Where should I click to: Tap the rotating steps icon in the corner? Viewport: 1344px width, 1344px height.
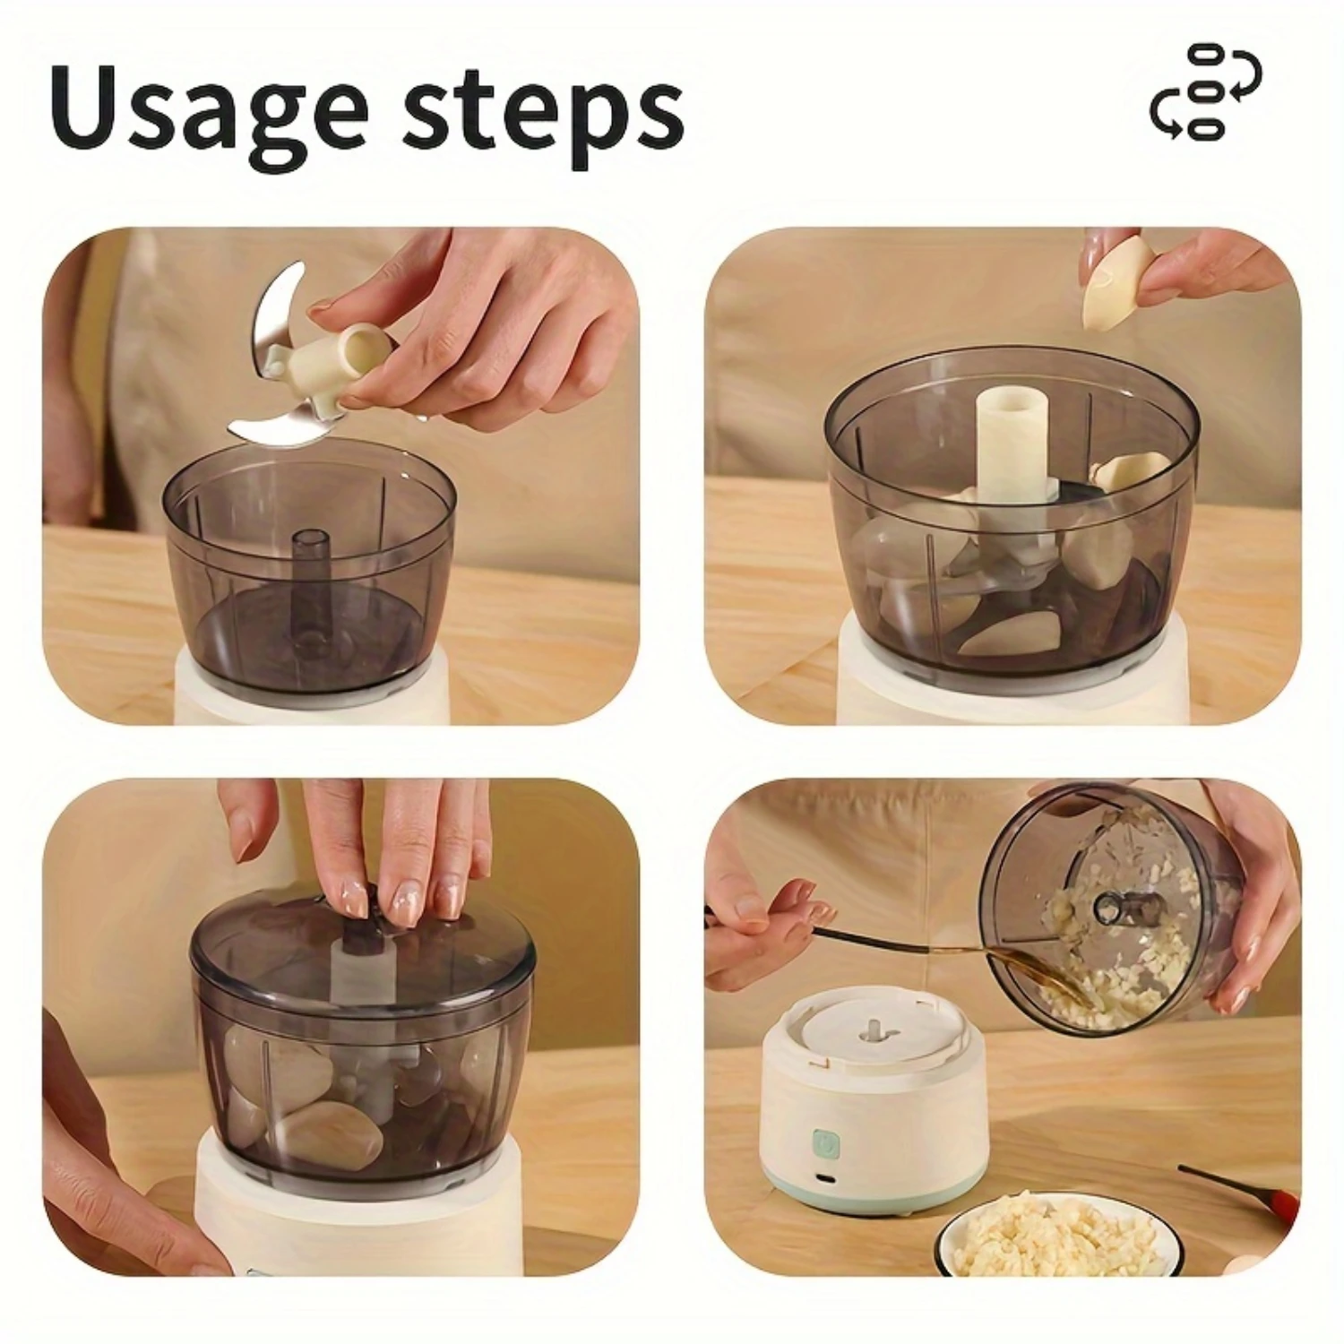tap(1205, 90)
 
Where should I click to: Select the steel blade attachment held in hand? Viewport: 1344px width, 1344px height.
tap(269, 358)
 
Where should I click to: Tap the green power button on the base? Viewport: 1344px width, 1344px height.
tap(823, 1142)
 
